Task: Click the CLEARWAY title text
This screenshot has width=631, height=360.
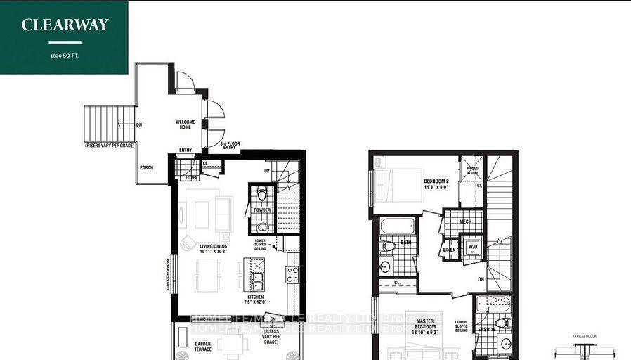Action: (x=65, y=25)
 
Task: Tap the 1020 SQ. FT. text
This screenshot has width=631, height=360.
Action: (x=65, y=54)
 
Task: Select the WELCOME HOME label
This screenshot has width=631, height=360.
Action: (x=185, y=124)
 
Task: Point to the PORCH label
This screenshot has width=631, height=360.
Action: (x=146, y=167)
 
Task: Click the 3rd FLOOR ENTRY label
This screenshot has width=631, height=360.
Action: (x=230, y=146)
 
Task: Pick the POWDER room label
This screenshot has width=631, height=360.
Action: (x=261, y=210)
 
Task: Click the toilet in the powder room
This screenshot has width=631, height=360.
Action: (x=261, y=194)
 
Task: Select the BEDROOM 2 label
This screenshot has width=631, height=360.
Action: (x=436, y=184)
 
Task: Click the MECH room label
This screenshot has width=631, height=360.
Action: (x=464, y=222)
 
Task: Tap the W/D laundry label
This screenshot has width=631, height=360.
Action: (x=473, y=247)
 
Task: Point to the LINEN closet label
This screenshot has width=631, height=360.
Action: (x=448, y=250)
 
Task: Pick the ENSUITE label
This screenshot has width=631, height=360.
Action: (x=486, y=329)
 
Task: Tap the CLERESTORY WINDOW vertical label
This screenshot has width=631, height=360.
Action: (x=168, y=273)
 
